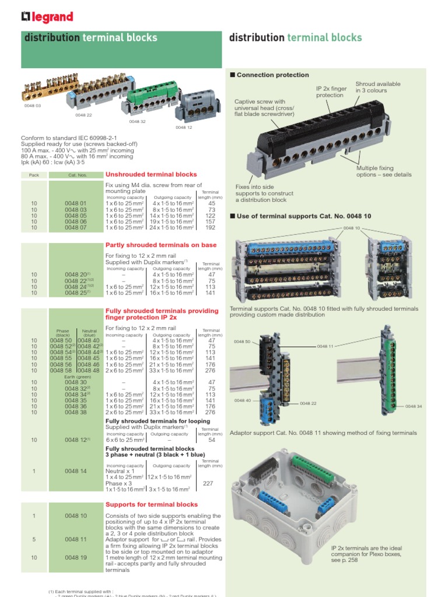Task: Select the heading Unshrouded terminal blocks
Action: (151, 174)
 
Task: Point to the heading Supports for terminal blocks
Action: (151, 504)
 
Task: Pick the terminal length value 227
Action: (208, 483)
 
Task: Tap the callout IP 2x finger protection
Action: (331, 92)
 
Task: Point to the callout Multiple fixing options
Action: (383, 171)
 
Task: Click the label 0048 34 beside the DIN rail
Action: (413, 406)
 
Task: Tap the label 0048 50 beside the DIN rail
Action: (242, 342)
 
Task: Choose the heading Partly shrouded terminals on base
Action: (160, 245)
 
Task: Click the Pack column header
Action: (34, 175)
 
